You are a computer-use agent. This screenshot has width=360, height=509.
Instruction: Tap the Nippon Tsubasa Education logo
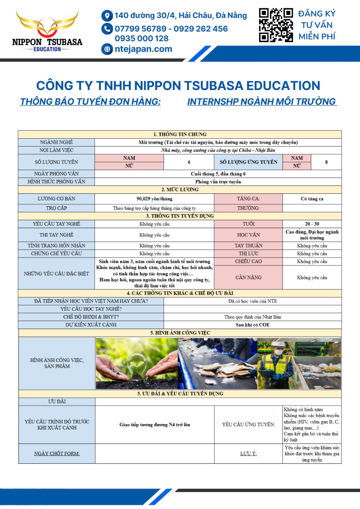click(47, 31)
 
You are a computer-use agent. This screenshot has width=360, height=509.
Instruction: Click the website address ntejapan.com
click(143, 49)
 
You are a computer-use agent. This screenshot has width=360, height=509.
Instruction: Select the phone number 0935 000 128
click(142, 38)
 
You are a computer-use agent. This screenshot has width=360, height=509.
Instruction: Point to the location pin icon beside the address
click(107, 15)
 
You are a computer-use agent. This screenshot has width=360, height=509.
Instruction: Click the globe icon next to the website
click(107, 49)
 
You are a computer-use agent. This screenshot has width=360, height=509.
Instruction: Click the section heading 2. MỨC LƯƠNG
click(180, 190)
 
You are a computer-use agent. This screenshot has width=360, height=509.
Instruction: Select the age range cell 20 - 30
click(312, 224)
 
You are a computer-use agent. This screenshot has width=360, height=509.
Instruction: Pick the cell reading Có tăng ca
click(312, 199)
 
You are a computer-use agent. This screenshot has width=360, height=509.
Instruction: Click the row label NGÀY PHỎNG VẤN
click(56, 173)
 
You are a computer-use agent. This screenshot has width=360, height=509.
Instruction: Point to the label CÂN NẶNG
click(249, 278)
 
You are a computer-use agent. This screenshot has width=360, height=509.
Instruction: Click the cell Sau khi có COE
click(253, 325)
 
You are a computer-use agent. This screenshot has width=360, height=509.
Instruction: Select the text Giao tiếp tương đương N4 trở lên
click(155, 425)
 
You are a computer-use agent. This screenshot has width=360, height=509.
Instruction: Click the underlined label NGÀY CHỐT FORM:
click(57, 453)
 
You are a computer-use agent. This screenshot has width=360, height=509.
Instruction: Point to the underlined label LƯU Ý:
click(249, 453)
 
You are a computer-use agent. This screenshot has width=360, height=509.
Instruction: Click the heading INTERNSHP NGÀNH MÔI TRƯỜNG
click(262, 102)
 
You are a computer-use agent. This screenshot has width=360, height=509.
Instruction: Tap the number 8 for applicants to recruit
click(326, 162)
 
